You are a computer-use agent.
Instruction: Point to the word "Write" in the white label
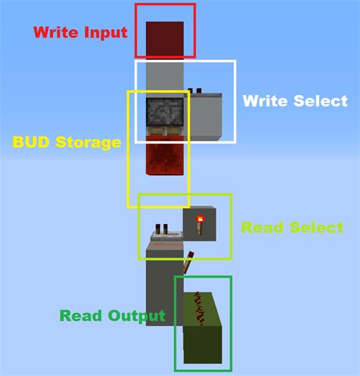coord(265,101)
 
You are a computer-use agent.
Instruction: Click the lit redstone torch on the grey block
coord(201,223)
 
